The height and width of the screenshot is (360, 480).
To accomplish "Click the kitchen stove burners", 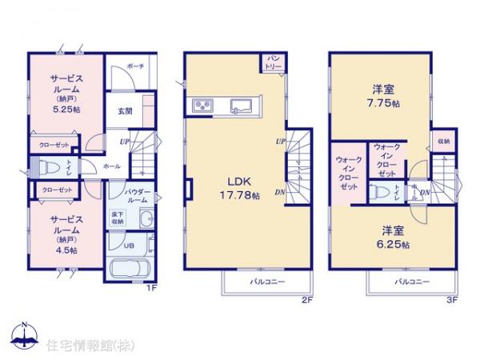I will (x=200, y=107).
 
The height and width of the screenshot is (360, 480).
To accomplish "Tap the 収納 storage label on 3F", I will (x=442, y=140).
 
